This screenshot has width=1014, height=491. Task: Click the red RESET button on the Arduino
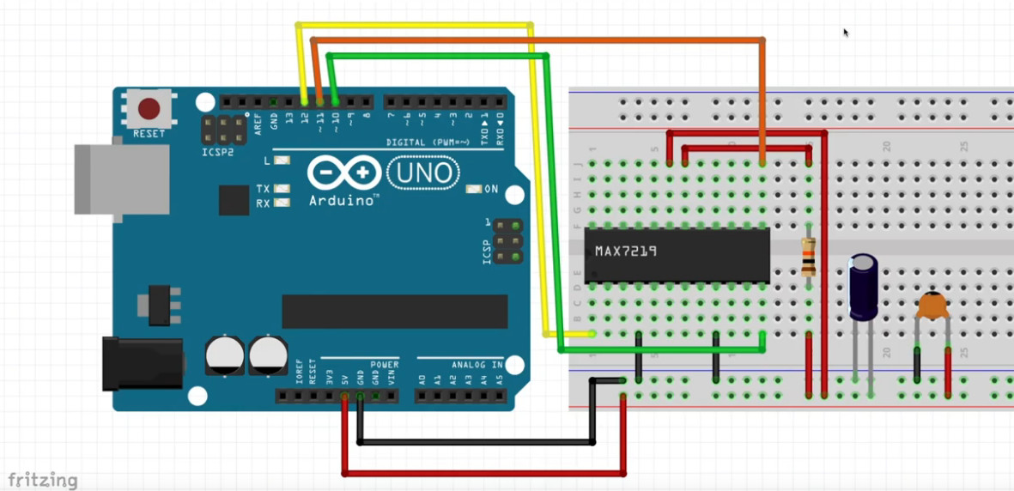point(149,109)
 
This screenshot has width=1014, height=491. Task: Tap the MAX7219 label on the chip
point(627,252)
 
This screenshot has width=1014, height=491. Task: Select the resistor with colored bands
point(808,257)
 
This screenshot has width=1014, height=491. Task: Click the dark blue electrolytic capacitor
point(864,287)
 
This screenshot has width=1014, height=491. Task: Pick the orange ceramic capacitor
point(932,305)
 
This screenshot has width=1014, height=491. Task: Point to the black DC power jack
point(141,363)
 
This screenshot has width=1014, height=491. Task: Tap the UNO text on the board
point(422,174)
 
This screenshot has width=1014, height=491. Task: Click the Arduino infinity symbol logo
point(343,173)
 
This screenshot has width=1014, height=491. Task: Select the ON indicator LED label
point(491,189)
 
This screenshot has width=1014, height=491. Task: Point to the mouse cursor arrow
point(846,33)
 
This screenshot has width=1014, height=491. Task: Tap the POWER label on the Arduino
point(385,365)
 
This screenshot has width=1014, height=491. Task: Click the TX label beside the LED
point(263,189)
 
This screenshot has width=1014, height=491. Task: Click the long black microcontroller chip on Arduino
point(394,311)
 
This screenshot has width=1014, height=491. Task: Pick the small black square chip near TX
point(234,200)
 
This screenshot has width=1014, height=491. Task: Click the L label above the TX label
point(267,161)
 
